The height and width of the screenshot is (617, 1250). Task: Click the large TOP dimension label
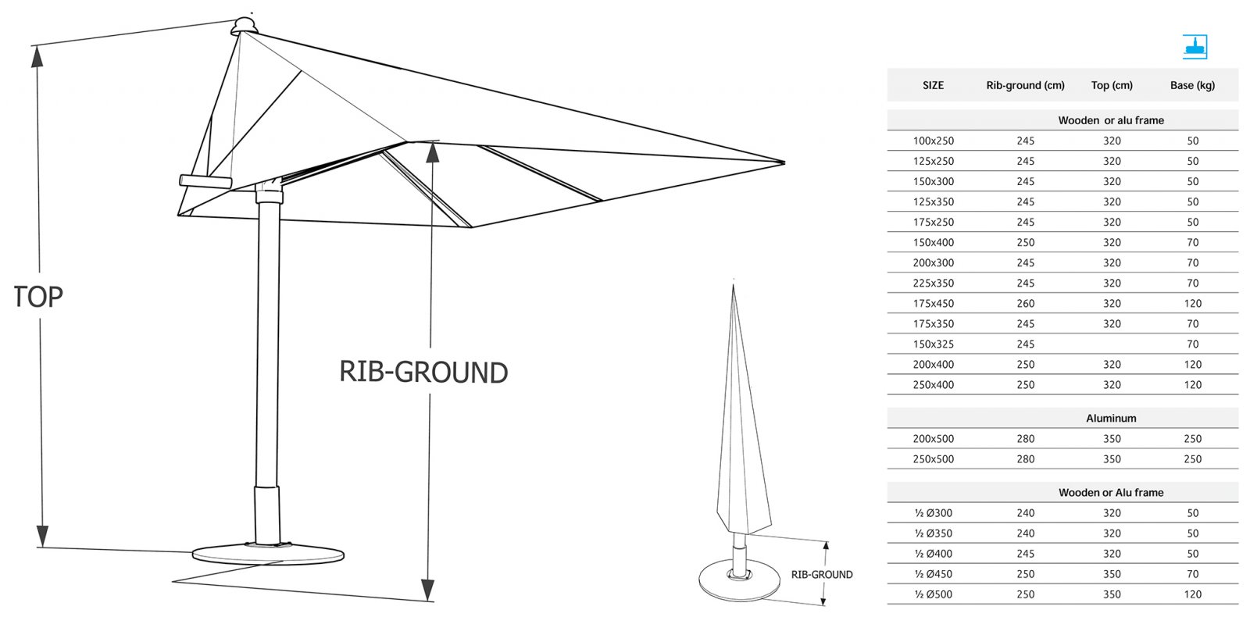coord(38,296)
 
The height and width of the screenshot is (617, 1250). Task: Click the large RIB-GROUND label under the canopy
coord(423,372)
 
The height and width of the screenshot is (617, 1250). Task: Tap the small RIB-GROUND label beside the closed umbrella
coord(822,575)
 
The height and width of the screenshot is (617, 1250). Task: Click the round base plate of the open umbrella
coord(268,554)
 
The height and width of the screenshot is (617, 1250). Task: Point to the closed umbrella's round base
coord(739,580)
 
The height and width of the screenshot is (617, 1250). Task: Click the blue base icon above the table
coord(1195,47)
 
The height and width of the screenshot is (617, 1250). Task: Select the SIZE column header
coord(933,85)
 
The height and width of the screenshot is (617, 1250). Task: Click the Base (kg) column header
coord(1192,85)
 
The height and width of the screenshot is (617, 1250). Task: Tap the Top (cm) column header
coord(1112,85)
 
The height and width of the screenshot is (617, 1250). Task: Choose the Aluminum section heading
coord(1111,419)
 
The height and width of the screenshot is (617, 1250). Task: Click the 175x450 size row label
coord(934,304)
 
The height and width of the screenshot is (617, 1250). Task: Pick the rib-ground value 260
coord(1026,304)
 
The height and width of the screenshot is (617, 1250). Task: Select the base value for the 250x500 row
coord(1192,459)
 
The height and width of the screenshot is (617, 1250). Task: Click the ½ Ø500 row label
coord(934,594)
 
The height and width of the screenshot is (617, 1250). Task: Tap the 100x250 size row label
coord(934,141)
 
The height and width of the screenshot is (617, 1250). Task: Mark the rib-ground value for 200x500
coord(1026,439)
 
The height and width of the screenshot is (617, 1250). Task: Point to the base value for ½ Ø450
coord(1192,574)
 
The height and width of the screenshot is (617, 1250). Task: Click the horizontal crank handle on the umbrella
coord(205,181)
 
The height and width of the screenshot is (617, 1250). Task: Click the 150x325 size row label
coord(934,344)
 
